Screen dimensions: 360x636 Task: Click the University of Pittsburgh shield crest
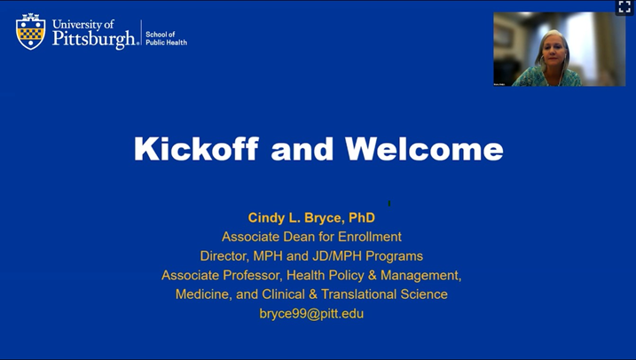[x=30, y=31]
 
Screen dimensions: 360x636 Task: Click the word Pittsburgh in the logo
[x=94, y=39]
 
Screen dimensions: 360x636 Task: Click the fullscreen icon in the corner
[x=624, y=7]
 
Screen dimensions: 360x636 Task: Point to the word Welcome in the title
[x=424, y=149]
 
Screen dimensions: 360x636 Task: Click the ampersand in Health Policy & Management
[x=377, y=276]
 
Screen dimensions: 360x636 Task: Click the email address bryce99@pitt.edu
[x=311, y=314]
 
